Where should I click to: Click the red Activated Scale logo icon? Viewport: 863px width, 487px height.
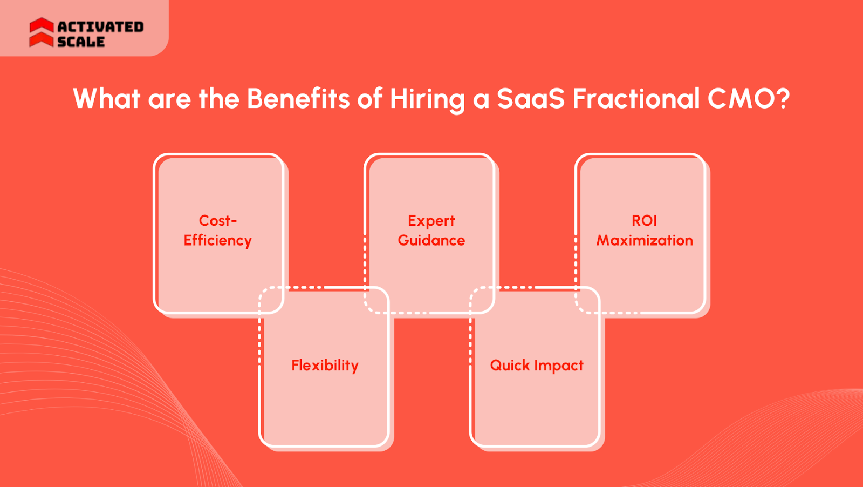[x=41, y=32]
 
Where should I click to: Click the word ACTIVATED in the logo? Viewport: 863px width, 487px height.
[x=100, y=26]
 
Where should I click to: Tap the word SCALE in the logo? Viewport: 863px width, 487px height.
[x=81, y=42]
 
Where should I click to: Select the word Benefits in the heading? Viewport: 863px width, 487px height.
[x=298, y=99]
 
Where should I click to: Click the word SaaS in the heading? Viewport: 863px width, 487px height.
[x=530, y=99]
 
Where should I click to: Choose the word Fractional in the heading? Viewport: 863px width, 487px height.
[x=635, y=99]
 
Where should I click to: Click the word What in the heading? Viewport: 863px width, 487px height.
[x=107, y=99]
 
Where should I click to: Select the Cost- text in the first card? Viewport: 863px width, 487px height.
[x=218, y=220]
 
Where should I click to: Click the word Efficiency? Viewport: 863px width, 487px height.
[x=217, y=241]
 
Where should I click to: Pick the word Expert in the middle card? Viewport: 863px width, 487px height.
[x=431, y=221]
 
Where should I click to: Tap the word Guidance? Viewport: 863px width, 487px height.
[x=431, y=240]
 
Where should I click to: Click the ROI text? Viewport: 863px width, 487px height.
[x=644, y=220]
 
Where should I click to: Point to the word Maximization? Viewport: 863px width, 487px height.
[x=645, y=240]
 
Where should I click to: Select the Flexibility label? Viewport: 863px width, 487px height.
[x=325, y=366]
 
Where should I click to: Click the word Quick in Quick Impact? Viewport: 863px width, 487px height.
[x=510, y=366]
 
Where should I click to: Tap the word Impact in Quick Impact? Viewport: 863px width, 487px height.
[x=559, y=366]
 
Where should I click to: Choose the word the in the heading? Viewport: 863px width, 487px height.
[x=219, y=99]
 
